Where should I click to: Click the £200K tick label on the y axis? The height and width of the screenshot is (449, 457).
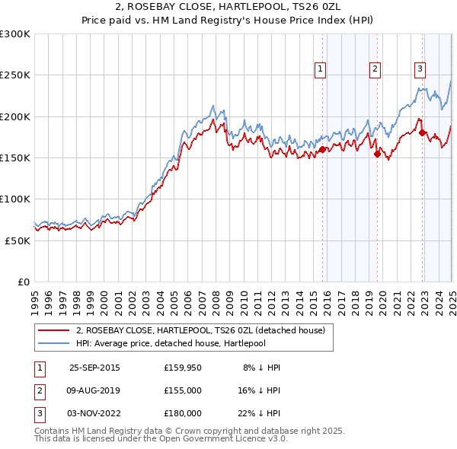(x=15, y=116)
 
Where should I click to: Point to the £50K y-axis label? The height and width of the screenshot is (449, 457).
(x=18, y=240)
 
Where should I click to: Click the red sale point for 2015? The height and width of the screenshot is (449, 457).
(x=323, y=149)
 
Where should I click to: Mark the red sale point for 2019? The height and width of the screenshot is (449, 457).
(x=377, y=154)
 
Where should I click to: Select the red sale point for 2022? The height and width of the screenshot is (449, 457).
(x=423, y=133)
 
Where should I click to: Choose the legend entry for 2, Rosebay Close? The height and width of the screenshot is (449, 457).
(x=200, y=330)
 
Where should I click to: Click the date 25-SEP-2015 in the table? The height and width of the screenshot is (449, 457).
(x=94, y=367)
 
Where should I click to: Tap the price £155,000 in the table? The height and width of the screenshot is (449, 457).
(x=183, y=390)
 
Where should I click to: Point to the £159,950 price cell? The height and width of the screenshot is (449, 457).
(x=183, y=367)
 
